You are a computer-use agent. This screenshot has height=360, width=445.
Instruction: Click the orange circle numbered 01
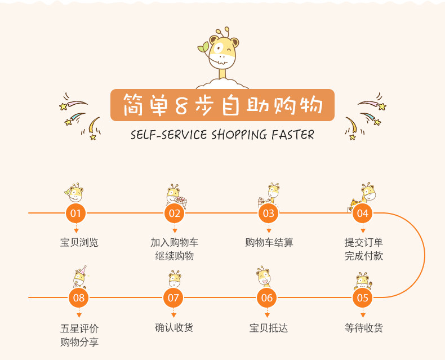click(x=76, y=213)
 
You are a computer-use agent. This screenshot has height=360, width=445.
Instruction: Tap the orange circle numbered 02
click(x=174, y=213)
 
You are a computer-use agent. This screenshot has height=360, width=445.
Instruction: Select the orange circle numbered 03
click(x=269, y=213)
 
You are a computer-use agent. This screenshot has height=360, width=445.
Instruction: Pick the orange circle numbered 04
click(x=363, y=213)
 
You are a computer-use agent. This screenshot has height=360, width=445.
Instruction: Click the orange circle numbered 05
click(x=363, y=297)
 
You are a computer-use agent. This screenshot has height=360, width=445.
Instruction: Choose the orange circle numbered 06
click(x=267, y=297)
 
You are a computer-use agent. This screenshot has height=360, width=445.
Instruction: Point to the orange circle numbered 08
click(x=79, y=297)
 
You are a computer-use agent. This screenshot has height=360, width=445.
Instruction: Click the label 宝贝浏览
click(x=79, y=243)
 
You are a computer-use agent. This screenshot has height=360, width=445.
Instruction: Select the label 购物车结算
click(x=269, y=243)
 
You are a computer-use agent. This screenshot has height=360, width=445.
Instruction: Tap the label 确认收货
click(x=174, y=327)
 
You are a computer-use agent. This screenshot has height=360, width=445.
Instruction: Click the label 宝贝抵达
click(x=268, y=327)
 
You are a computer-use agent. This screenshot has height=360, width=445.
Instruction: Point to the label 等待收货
click(x=363, y=327)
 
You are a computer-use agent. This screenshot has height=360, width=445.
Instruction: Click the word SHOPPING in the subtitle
click(x=239, y=135)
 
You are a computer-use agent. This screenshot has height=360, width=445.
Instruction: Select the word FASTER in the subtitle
click(x=293, y=135)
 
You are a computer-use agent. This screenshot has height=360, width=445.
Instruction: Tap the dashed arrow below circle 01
click(x=76, y=229)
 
